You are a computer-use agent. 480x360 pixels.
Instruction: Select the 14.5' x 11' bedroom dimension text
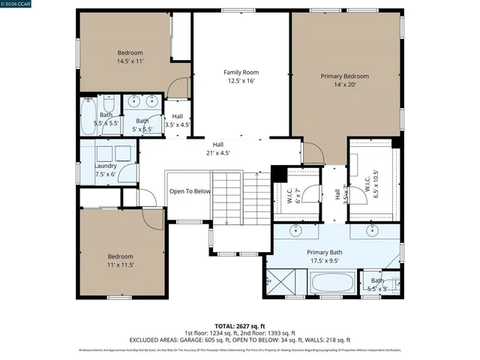[x=130, y=61]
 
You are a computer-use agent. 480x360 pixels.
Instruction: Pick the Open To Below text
[x=190, y=191]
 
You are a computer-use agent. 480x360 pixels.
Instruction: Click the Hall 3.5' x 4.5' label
[x=177, y=121]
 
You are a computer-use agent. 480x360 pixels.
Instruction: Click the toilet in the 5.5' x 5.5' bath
[x=109, y=102]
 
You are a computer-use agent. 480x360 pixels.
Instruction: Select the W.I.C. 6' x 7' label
[x=293, y=196]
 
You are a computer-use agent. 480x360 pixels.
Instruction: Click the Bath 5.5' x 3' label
[x=376, y=284]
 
